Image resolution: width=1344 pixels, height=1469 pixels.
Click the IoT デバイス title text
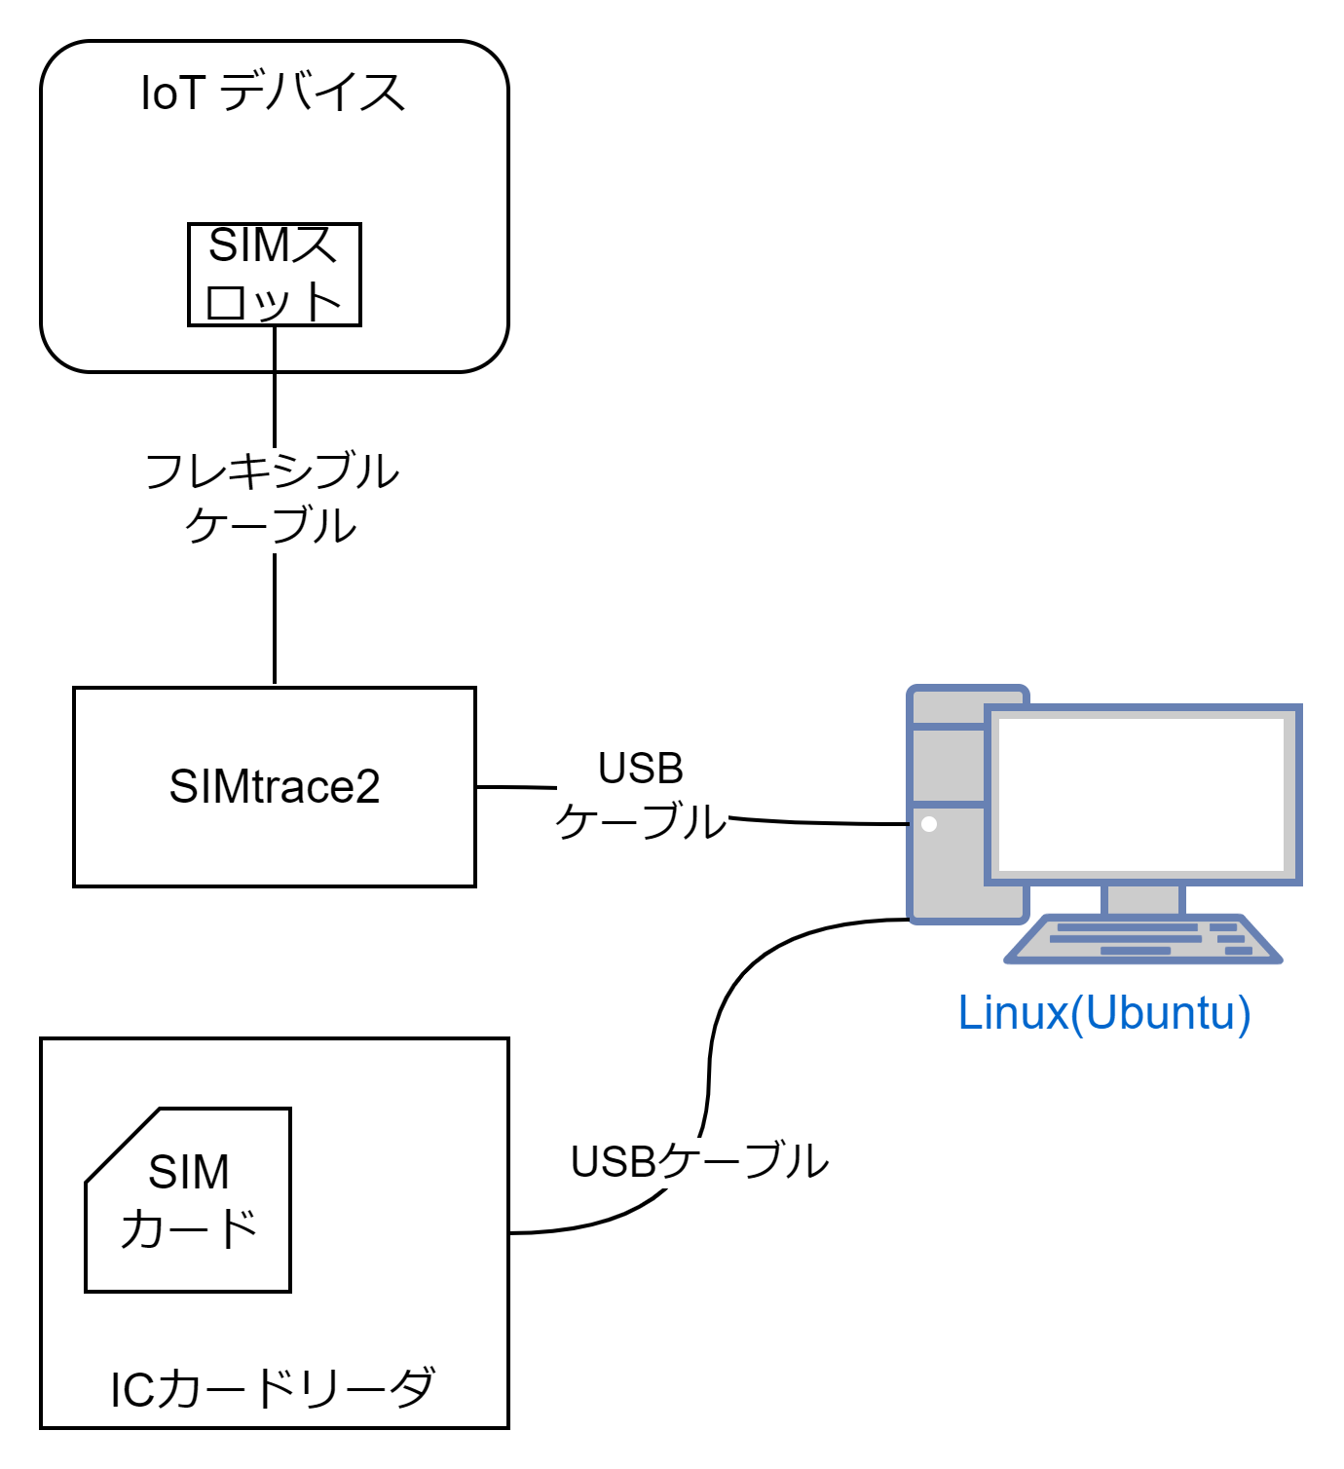click(x=273, y=94)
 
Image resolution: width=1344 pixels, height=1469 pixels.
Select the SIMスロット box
click(x=274, y=274)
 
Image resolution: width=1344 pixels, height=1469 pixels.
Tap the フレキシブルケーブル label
click(x=273, y=498)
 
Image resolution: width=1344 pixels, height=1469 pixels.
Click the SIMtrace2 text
click(x=274, y=787)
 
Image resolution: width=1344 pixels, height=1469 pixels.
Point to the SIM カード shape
click(x=188, y=1200)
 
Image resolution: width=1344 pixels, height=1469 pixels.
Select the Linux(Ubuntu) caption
click(x=1103, y=1013)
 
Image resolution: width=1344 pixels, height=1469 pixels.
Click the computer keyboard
click(x=1142, y=940)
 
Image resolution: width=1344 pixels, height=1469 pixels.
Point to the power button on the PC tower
click(x=929, y=824)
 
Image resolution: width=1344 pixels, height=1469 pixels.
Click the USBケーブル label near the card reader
click(x=699, y=1161)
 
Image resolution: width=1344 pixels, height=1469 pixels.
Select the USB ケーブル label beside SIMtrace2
click(x=641, y=796)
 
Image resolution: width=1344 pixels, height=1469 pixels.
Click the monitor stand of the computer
click(x=1142, y=898)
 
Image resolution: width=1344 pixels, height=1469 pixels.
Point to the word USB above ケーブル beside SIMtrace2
click(x=641, y=770)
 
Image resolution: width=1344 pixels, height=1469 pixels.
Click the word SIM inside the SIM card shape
click(x=188, y=1172)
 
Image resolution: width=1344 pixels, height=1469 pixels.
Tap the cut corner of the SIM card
click(x=123, y=1146)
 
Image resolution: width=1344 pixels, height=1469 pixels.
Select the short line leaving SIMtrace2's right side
click(x=515, y=787)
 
